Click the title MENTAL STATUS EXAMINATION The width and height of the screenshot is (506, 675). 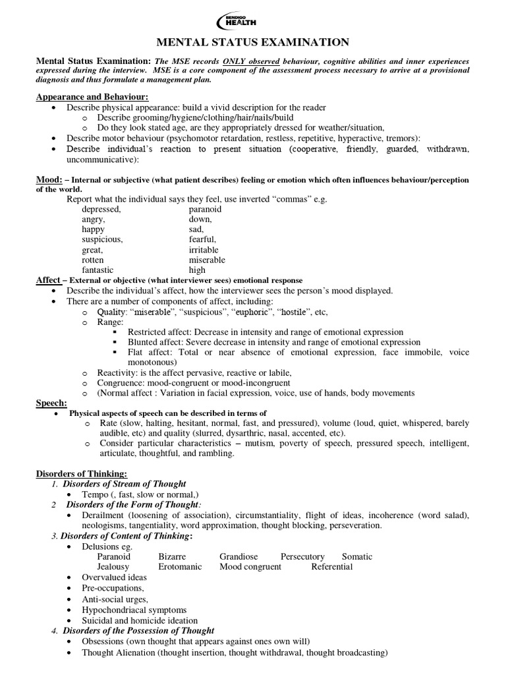click(x=253, y=43)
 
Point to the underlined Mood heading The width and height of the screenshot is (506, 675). click(x=48, y=180)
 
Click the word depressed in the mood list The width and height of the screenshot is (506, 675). click(x=102, y=209)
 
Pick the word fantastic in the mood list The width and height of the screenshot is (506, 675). click(x=98, y=270)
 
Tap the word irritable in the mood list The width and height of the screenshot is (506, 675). click(x=204, y=250)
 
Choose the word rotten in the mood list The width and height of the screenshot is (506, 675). click(x=94, y=260)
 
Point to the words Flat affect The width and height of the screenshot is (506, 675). click(x=150, y=353)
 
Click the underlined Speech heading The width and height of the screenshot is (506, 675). click(x=51, y=403)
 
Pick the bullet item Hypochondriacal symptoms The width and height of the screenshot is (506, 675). click(x=134, y=610)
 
